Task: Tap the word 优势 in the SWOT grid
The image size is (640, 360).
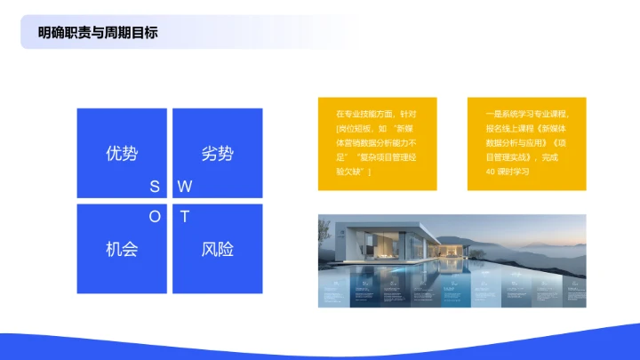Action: [x=122, y=153]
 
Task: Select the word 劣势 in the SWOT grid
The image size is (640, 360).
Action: [x=217, y=153]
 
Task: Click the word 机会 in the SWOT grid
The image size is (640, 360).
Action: [x=122, y=249]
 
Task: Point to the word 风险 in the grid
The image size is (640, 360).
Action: [x=217, y=249]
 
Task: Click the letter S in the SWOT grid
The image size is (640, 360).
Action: [x=155, y=187]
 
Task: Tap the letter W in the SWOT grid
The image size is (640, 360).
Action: [x=185, y=187]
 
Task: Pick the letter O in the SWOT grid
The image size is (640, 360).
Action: [x=155, y=216]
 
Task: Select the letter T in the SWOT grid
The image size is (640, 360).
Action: [x=184, y=216]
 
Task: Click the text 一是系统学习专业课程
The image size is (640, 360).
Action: [x=527, y=115]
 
